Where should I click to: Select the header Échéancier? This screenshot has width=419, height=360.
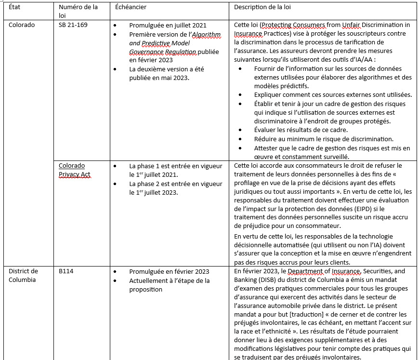pyautogui.click(x=131, y=7)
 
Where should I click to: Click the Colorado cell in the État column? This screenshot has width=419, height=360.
pyautogui.click(x=22, y=25)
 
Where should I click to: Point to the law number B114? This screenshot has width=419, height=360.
pyautogui.click(x=66, y=271)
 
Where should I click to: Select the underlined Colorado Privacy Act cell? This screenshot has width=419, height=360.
pyautogui.click(x=75, y=170)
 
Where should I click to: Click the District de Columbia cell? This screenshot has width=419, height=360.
pyautogui.click(x=23, y=276)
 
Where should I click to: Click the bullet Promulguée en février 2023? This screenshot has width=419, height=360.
pyautogui.click(x=169, y=271)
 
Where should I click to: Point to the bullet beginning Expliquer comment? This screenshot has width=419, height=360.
pyautogui.click(x=332, y=94)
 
